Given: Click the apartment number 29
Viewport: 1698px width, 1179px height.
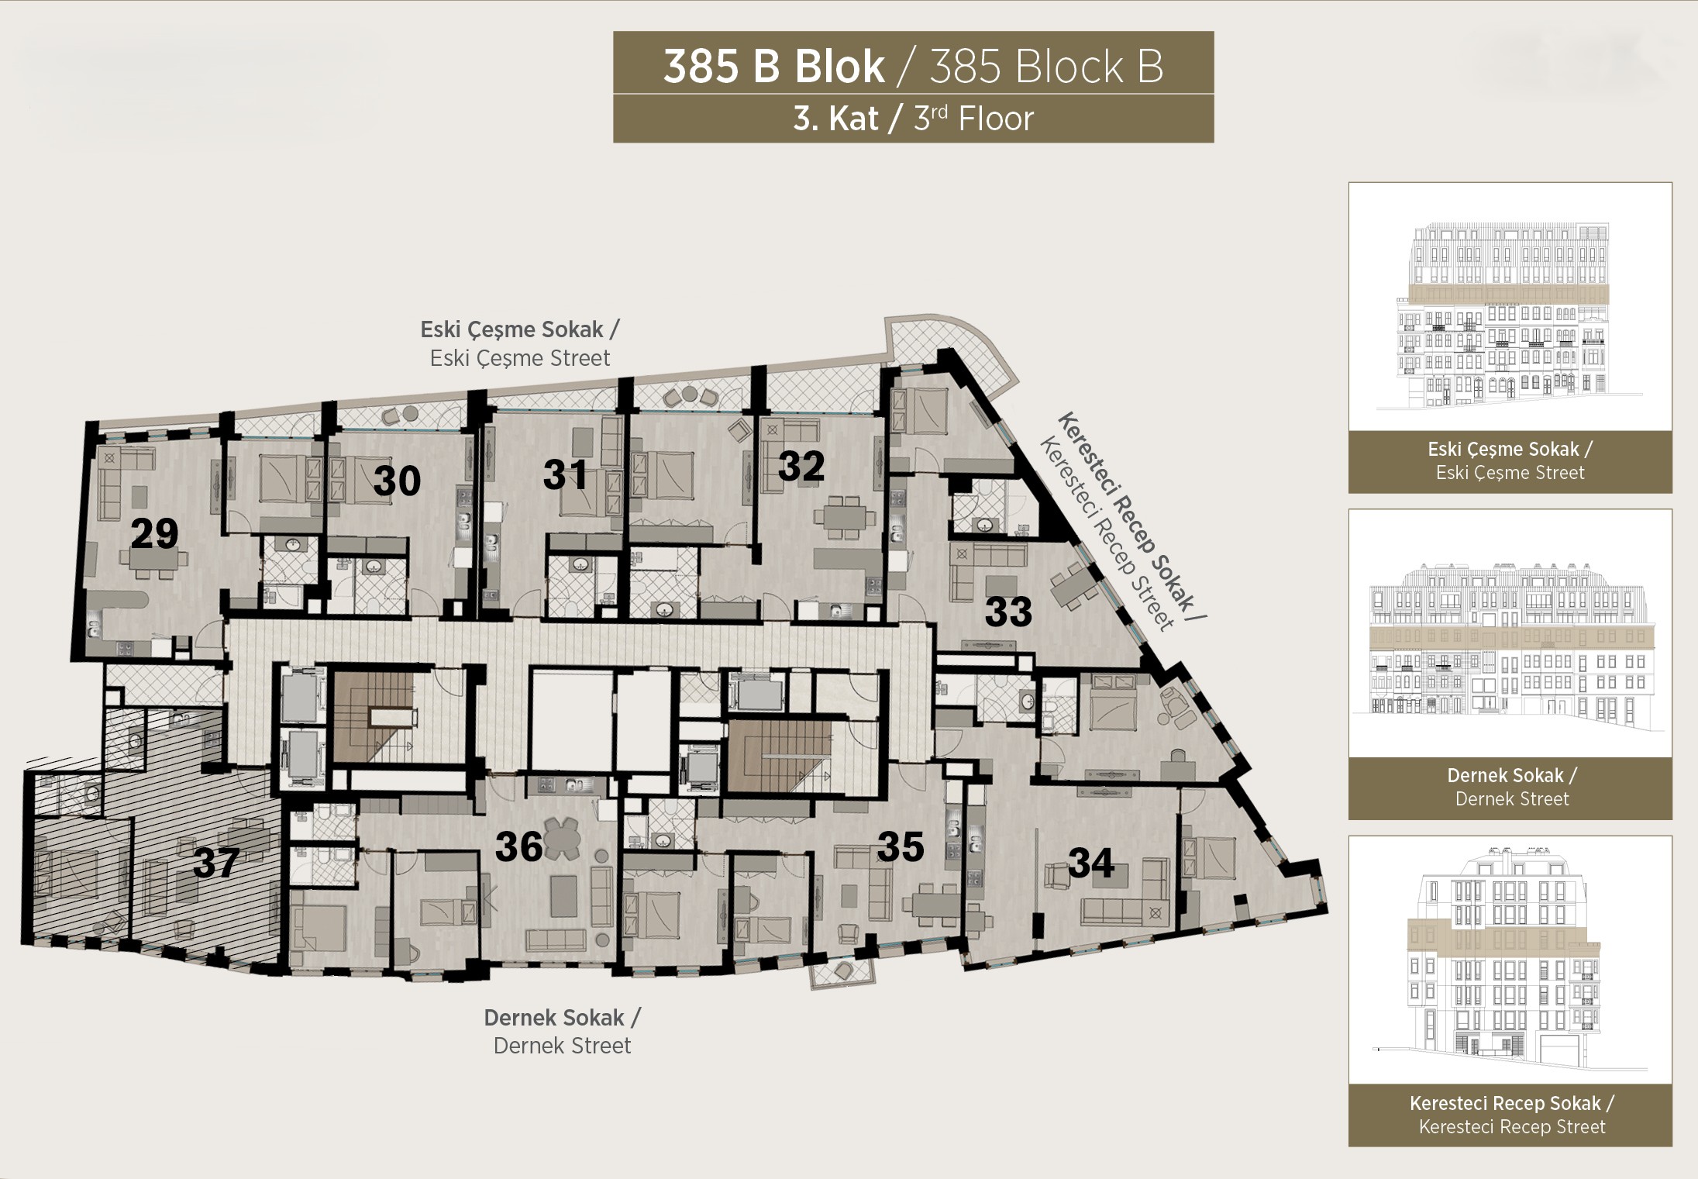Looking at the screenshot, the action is pyautogui.click(x=155, y=533).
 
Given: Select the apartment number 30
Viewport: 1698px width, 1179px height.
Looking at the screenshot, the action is pyautogui.click(x=397, y=481).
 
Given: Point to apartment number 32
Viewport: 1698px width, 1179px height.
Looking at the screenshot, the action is pyautogui.click(x=801, y=466).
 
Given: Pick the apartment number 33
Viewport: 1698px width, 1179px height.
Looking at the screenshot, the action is pyautogui.click(x=1008, y=612).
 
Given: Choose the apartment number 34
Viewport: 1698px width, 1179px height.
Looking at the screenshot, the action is pyautogui.click(x=1091, y=863).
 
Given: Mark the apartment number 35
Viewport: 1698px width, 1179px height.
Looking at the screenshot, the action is pyautogui.click(x=901, y=846).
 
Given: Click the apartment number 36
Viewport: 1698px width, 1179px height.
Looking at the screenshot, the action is pyautogui.click(x=518, y=846).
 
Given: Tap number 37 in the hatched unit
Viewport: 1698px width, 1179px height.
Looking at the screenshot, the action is pyautogui.click(x=216, y=863).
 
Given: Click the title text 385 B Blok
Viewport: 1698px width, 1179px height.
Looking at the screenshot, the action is pyautogui.click(x=773, y=67).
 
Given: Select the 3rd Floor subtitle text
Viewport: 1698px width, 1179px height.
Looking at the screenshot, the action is pyautogui.click(x=973, y=119).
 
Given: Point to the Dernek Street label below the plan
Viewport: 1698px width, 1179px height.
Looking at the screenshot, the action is pyautogui.click(x=562, y=1046).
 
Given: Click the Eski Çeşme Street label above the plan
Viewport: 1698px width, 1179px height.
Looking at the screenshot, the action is pyautogui.click(x=520, y=358).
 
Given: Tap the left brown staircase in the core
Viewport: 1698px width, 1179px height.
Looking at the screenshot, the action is pyautogui.click(x=371, y=716).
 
